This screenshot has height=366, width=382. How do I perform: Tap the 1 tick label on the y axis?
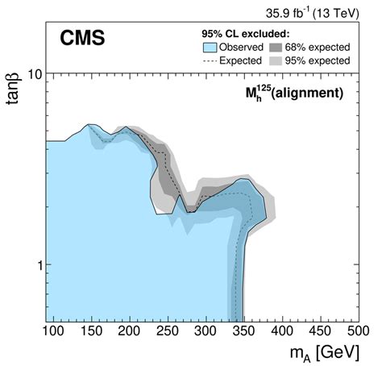(35, 265)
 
